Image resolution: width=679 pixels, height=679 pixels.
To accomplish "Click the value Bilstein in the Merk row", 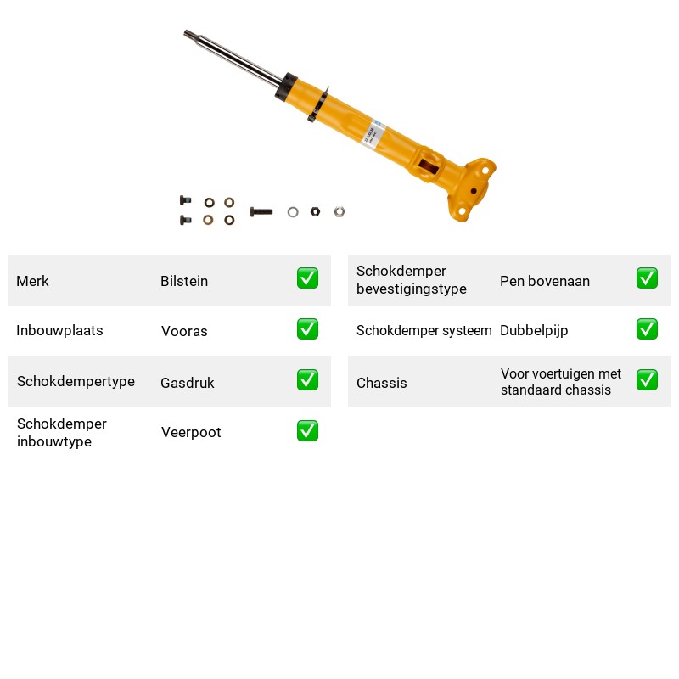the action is point(184,281).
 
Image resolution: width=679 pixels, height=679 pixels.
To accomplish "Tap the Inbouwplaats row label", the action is point(59,330).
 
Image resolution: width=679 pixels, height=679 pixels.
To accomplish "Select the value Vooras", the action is point(184,331).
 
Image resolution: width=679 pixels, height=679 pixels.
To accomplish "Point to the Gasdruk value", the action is point(187,383).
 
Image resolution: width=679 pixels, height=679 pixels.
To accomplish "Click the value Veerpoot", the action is point(191,432).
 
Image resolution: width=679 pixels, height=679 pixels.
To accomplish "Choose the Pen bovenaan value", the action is point(545,281).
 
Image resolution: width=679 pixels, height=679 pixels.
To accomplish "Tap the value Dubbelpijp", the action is point(534,331).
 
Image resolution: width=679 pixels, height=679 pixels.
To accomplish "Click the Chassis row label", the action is point(381,383).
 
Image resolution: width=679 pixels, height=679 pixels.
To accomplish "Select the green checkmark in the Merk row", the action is point(307,278).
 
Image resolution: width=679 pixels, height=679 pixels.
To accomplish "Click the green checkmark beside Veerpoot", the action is point(307,431).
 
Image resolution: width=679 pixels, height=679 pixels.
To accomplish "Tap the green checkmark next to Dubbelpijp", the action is point(647,329).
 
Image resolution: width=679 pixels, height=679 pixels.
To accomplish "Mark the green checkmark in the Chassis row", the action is point(647,379).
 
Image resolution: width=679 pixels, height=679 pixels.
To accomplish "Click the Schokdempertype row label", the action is point(76,381).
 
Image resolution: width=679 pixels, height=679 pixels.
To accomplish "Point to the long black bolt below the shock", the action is point(261,211).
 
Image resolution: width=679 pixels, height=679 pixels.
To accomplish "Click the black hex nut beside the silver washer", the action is point(315,211).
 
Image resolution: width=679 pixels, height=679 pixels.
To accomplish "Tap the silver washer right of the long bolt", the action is point(293,212).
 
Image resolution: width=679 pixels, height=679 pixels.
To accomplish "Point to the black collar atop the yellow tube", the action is point(286,88).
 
